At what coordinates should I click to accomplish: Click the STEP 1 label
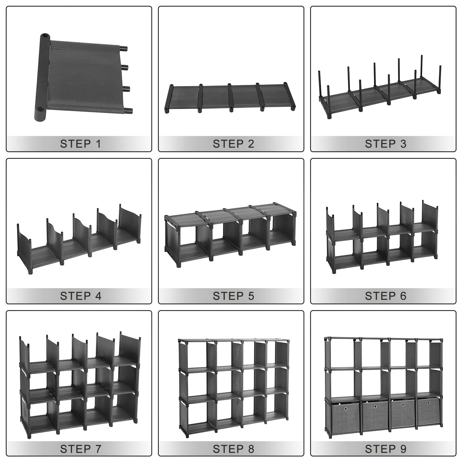pos(80,144)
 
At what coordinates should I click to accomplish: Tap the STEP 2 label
pos(233,144)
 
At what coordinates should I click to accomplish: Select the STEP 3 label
pos(385,144)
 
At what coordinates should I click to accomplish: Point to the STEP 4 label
pos(80,296)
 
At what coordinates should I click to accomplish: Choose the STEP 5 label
pos(233,296)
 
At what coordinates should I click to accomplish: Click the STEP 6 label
pos(385,296)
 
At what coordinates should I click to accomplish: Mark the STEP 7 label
pos(80,449)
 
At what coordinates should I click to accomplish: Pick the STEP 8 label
pos(233,449)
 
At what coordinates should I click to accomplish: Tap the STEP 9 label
pos(385,449)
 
